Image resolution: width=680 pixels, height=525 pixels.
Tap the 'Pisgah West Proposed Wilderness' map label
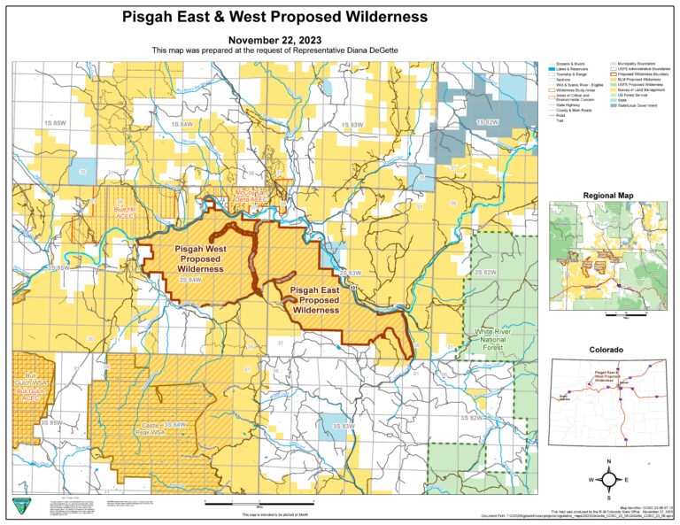click(200, 258)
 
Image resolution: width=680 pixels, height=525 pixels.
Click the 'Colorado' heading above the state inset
click(610, 351)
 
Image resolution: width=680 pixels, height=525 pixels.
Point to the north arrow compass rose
click(609, 479)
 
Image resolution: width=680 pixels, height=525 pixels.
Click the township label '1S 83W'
click(352, 125)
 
